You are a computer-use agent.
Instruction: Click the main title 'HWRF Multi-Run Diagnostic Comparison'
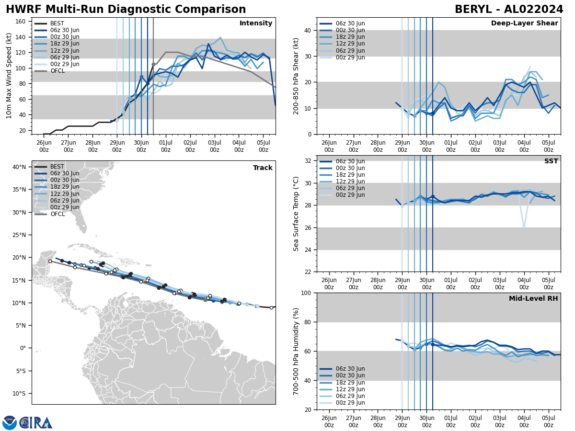(126, 10)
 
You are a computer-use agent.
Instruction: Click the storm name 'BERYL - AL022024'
(509, 10)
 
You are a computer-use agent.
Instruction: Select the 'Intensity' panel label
(256, 23)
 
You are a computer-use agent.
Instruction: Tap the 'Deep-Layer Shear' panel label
(524, 23)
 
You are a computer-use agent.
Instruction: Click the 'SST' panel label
(551, 161)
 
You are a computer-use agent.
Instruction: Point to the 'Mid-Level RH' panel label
(533, 299)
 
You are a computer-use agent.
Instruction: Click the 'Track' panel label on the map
(263, 168)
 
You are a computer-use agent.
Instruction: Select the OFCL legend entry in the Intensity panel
(57, 71)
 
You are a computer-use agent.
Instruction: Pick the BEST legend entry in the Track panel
(57, 167)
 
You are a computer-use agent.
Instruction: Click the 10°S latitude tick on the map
(19, 394)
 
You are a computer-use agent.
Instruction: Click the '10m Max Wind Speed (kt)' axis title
(9, 76)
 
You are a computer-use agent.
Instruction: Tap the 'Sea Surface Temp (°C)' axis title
(296, 214)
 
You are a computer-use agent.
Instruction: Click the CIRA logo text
(36, 423)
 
